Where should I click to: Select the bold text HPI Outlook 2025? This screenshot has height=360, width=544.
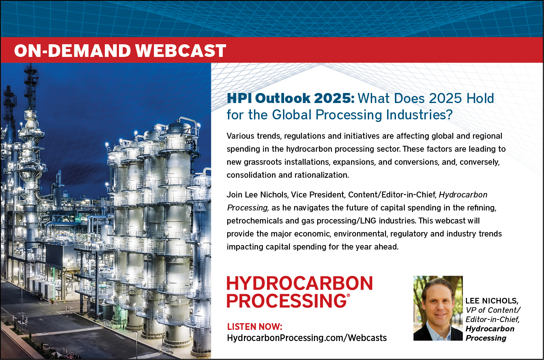291,98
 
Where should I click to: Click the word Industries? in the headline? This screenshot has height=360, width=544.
419,115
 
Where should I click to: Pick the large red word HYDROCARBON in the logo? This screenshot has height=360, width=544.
300,283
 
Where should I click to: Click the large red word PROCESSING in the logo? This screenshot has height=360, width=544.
287,301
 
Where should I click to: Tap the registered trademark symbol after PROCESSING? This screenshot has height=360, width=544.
348,295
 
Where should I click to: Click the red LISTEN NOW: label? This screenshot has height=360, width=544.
255,327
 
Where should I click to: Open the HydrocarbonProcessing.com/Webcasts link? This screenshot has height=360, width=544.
307,338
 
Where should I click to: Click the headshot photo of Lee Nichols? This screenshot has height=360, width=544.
438,308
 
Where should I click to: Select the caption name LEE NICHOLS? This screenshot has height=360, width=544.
492,301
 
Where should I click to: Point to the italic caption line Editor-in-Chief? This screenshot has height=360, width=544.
493,319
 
